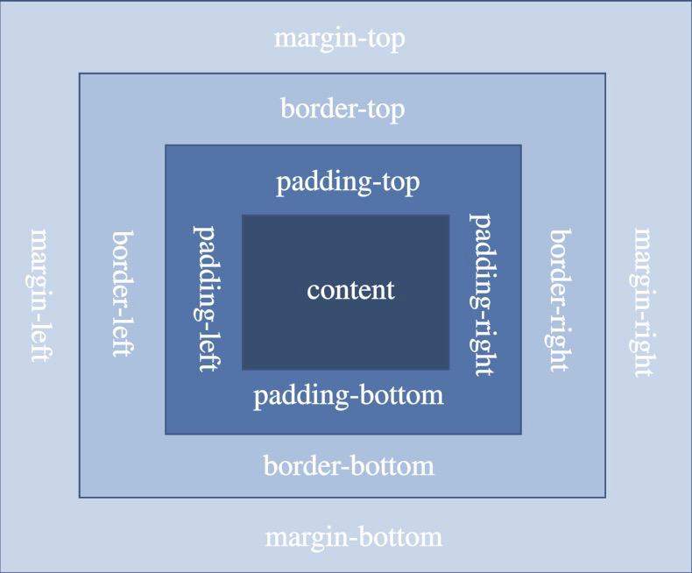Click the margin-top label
click(340, 39)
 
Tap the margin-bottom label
click(353, 536)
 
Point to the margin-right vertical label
click(644, 302)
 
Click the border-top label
click(342, 110)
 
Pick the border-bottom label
click(349, 465)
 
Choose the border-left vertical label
click(124, 294)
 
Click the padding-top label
click(348, 182)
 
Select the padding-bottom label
click(349, 396)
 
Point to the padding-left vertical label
click(204, 298)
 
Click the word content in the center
click(350, 290)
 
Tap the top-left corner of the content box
click(243, 215)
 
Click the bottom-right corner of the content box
click(449, 369)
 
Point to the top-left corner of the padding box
click(166, 145)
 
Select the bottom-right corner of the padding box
click(521, 434)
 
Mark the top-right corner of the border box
click(605, 74)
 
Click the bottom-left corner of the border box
click(80, 498)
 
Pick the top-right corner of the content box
click(449, 215)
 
